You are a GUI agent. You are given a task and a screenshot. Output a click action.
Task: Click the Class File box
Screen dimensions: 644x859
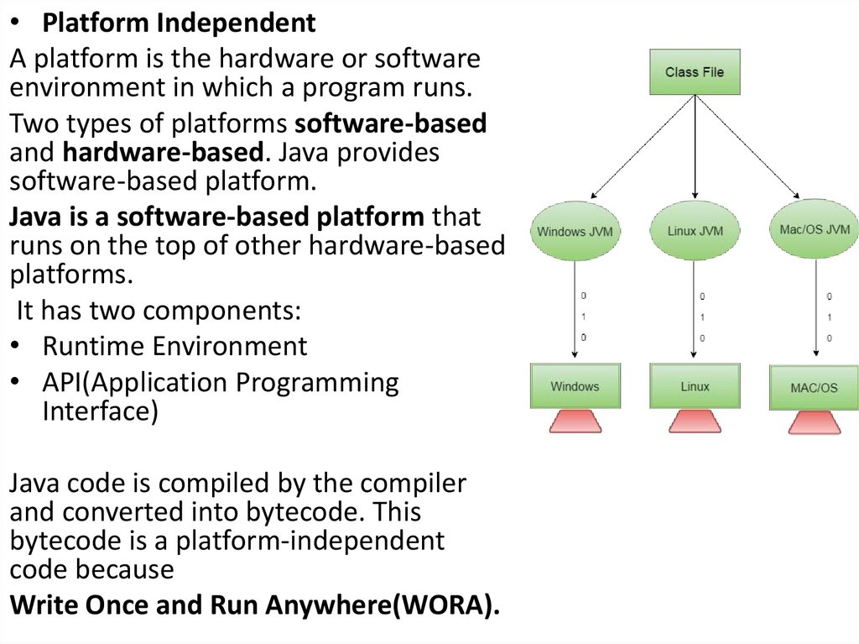[695, 71]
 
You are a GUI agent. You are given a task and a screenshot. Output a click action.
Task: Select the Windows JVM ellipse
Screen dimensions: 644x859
[575, 230]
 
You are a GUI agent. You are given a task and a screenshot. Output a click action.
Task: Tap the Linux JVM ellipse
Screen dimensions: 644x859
[695, 230]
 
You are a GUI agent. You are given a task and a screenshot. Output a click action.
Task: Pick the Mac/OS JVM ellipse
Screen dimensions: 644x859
[814, 228]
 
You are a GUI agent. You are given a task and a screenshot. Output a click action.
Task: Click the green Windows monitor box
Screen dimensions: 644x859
[575, 386]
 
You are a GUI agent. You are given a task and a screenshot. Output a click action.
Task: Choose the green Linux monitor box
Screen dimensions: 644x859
[695, 386]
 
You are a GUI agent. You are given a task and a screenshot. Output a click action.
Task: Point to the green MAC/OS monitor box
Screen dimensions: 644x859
[814, 388]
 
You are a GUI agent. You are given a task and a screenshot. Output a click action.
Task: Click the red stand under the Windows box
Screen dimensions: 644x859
[575, 421]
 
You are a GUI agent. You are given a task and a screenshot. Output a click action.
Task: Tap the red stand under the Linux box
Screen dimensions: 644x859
[695, 421]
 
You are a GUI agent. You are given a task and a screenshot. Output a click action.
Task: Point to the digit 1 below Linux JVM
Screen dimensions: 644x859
[702, 317]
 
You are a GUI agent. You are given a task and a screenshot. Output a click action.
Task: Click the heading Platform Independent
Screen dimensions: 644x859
[180, 24]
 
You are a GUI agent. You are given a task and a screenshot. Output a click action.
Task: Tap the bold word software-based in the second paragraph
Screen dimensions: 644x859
[390, 123]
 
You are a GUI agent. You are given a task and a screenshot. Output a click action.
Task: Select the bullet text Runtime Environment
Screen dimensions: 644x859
[174, 346]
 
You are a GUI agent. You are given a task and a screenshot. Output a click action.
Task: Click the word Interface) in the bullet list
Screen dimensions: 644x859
[100, 412]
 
